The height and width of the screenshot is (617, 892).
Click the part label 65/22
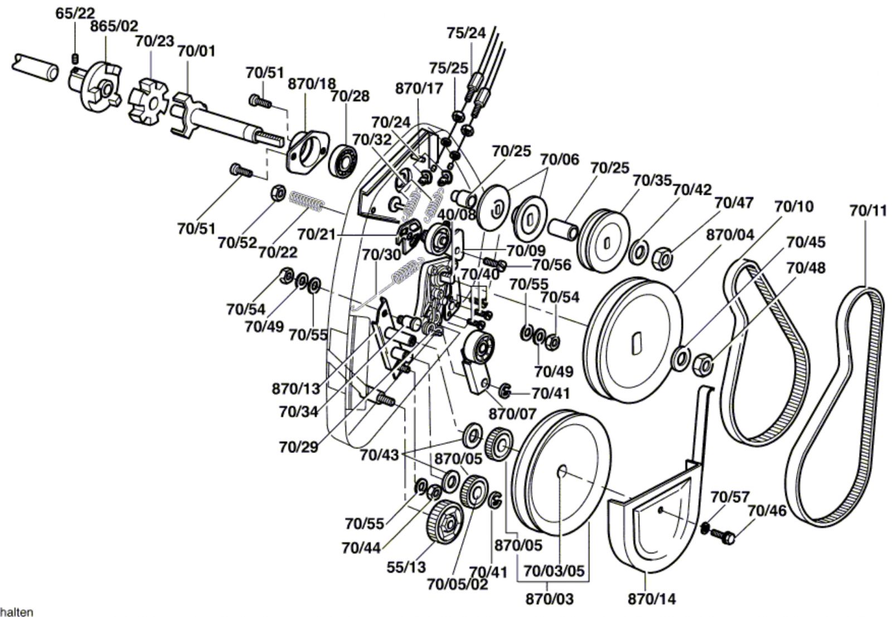click(75, 13)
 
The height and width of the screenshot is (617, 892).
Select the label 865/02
click(114, 26)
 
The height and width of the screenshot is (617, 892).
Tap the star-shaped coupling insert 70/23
click(148, 103)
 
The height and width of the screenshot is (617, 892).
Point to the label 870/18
click(312, 84)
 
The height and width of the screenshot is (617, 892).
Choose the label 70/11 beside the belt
click(868, 211)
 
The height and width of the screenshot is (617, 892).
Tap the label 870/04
click(730, 235)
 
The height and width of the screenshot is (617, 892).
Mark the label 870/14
click(652, 599)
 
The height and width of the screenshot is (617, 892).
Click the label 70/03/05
click(554, 571)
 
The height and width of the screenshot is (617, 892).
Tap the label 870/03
click(550, 599)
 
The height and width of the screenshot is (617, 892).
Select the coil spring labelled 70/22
click(306, 201)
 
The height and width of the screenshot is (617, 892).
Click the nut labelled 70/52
click(278, 194)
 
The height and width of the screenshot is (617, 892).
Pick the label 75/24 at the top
click(466, 33)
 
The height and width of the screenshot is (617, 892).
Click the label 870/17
click(419, 88)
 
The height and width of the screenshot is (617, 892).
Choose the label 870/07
click(512, 414)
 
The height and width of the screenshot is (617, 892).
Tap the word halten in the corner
click(16, 612)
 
